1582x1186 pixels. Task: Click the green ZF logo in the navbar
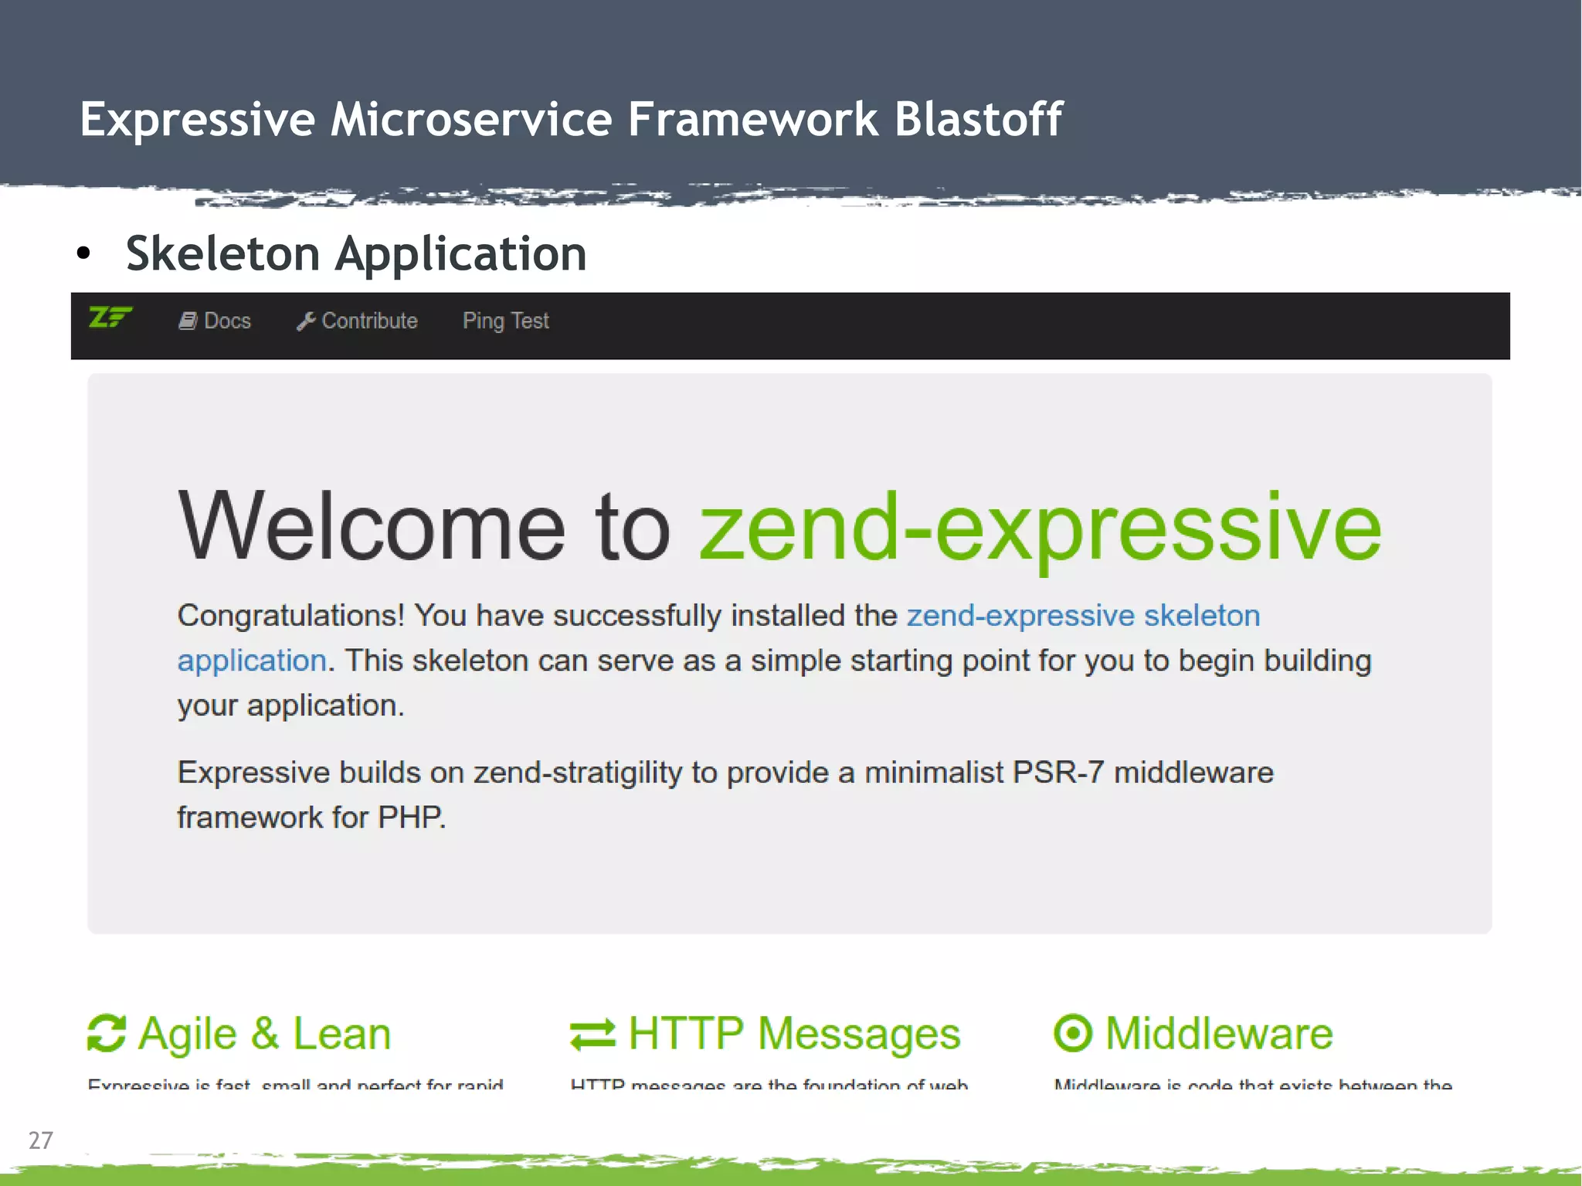[x=110, y=318]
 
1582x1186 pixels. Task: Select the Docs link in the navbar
[x=227, y=321]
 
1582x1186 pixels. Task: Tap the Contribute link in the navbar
[x=369, y=321]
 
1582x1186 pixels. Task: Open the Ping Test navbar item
[x=505, y=321]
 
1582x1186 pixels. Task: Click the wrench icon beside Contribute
[x=305, y=321]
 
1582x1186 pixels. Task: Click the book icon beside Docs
[x=188, y=321]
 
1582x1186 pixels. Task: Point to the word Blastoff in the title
[x=978, y=120]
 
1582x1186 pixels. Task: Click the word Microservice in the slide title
[x=471, y=120]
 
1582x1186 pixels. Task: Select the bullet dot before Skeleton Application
[x=83, y=253]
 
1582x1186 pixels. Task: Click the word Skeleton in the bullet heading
[x=222, y=253]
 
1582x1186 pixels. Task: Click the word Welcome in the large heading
[x=372, y=528]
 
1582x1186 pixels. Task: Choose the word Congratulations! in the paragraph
[x=290, y=616]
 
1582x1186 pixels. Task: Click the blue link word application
[x=252, y=661]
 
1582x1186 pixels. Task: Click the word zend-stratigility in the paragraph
[x=578, y=773]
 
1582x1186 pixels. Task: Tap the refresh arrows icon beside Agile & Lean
[x=107, y=1034]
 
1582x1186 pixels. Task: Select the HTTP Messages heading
[x=793, y=1034]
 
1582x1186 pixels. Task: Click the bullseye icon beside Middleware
[x=1073, y=1034]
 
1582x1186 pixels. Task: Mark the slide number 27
[x=40, y=1140]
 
